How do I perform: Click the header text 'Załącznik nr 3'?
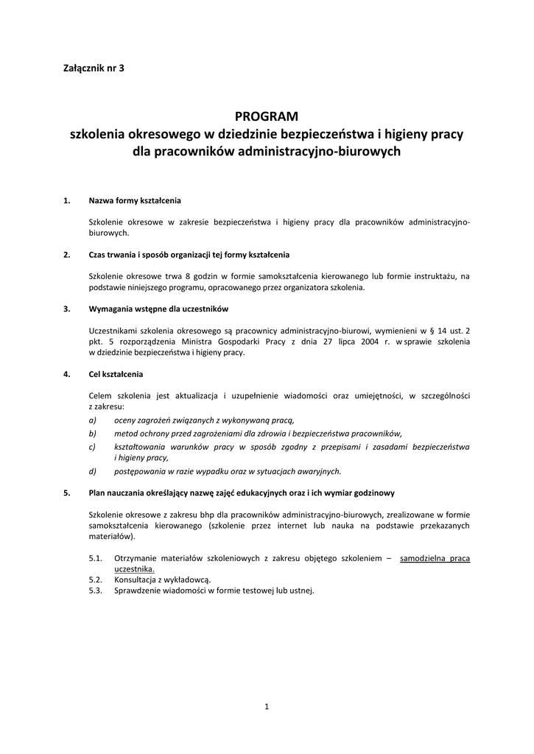94,68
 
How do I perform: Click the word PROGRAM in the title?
266,116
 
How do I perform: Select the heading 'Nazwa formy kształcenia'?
134,200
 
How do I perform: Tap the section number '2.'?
67,255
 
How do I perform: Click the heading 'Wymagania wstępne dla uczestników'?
159,309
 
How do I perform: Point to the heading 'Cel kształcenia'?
116,374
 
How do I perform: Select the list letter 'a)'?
92,419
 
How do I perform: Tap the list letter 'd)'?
92,471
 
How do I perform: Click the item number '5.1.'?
96,559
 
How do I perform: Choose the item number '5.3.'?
96,591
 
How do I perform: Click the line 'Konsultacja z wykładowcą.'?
162,580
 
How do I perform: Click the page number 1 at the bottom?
267,708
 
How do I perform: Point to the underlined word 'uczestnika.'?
134,569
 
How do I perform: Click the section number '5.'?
67,493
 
